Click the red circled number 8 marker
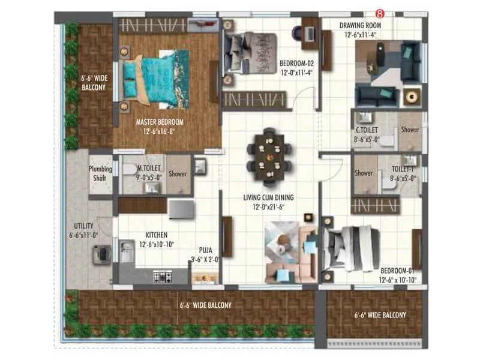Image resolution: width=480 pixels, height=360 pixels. pyautogui.click(x=379, y=12)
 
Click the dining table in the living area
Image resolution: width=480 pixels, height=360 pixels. pyautogui.click(x=269, y=157)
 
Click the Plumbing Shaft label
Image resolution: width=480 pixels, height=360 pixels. pyautogui.click(x=100, y=173)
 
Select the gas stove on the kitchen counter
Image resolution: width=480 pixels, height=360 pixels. pyautogui.click(x=163, y=277)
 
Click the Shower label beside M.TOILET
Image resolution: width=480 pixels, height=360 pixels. pyautogui.click(x=178, y=174)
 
